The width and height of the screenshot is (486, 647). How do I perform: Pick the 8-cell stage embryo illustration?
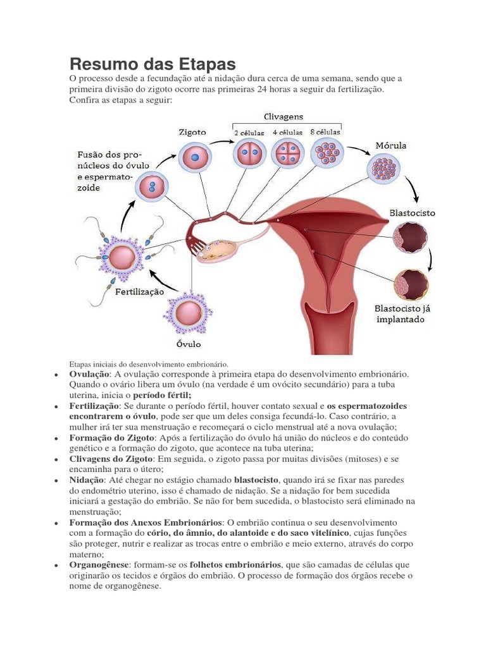[x=325, y=153]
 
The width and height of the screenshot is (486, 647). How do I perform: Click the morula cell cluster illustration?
[x=383, y=169]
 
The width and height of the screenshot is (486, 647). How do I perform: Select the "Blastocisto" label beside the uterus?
[x=413, y=214]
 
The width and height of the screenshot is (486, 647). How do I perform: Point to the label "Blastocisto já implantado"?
[x=401, y=314]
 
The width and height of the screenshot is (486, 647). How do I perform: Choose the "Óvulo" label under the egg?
[x=188, y=344]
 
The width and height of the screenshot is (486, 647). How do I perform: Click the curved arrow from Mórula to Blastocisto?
[x=409, y=188]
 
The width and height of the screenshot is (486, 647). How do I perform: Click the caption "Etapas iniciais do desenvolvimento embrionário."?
[x=148, y=364]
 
